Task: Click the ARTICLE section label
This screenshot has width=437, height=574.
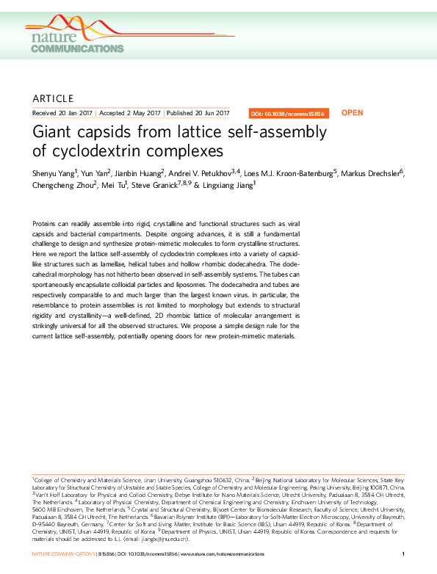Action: [x=54, y=98]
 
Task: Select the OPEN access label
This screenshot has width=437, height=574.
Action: [x=353, y=113]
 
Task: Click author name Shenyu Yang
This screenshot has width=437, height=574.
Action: [x=55, y=173]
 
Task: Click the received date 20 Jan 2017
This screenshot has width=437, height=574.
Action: [x=71, y=114]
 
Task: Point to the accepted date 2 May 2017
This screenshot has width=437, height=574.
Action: [x=143, y=114]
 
